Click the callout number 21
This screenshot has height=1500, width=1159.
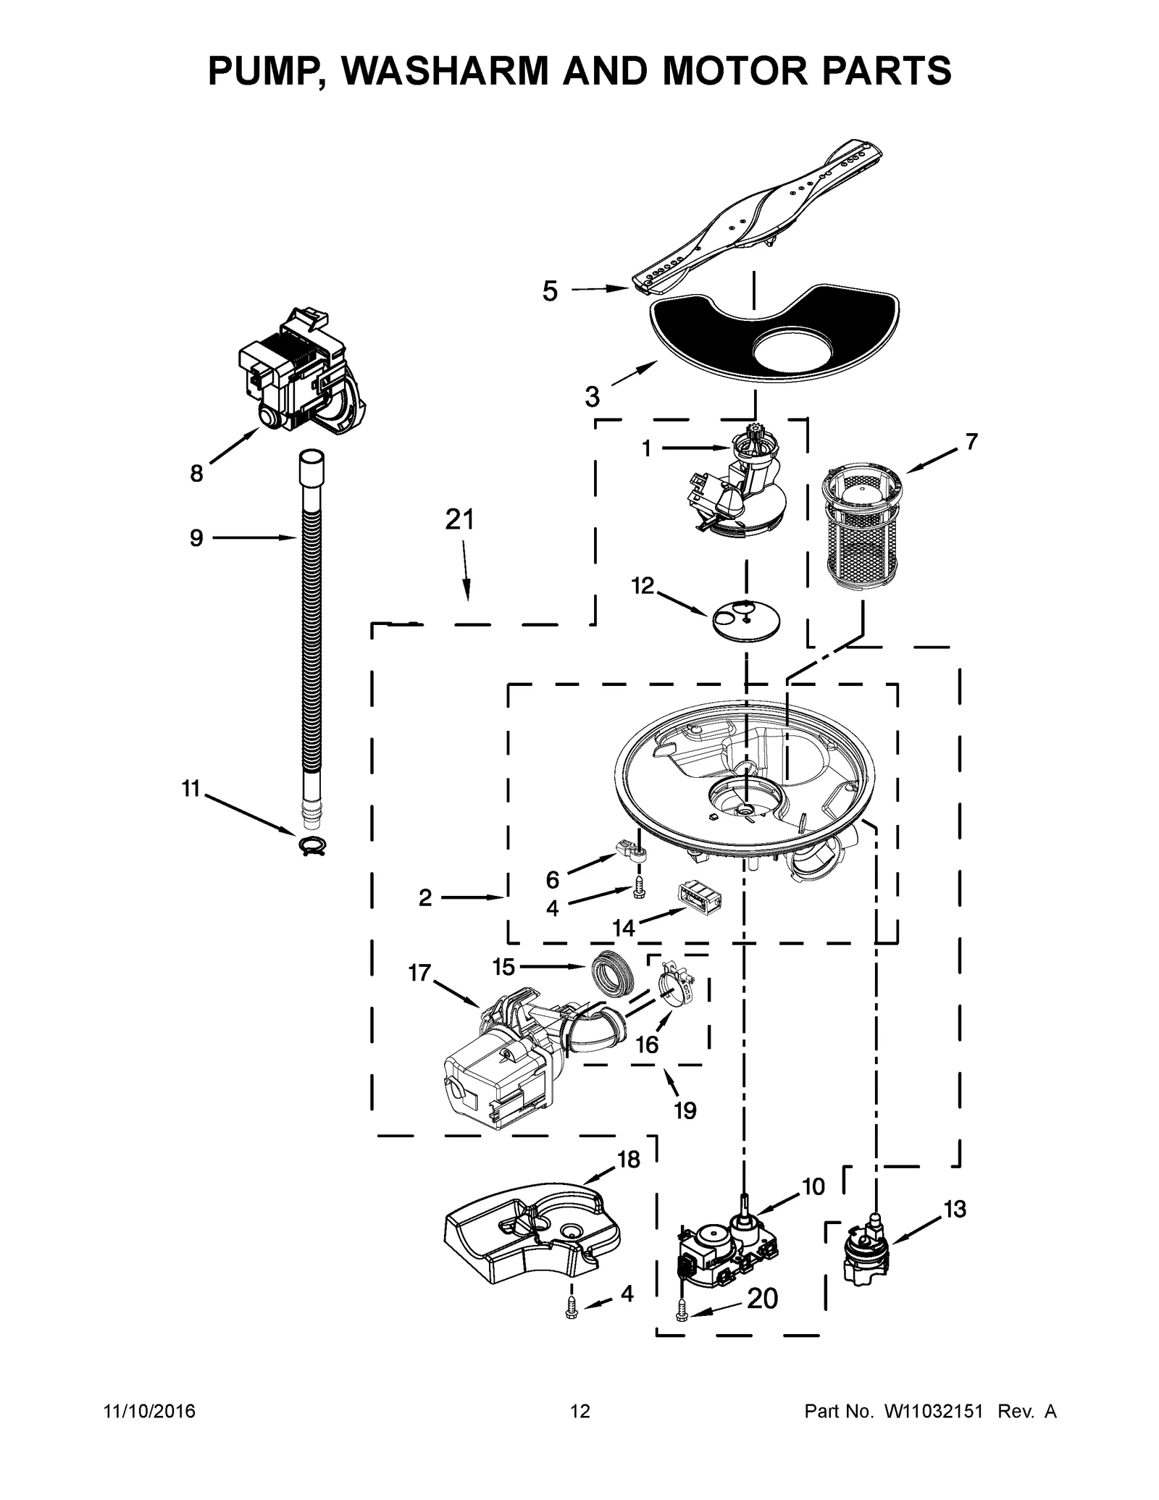[459, 520]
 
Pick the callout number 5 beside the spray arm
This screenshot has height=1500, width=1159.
[551, 291]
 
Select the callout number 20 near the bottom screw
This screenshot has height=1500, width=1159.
[762, 1299]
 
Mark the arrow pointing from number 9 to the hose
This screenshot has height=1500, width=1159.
[254, 537]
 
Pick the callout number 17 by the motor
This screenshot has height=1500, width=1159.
[419, 973]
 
